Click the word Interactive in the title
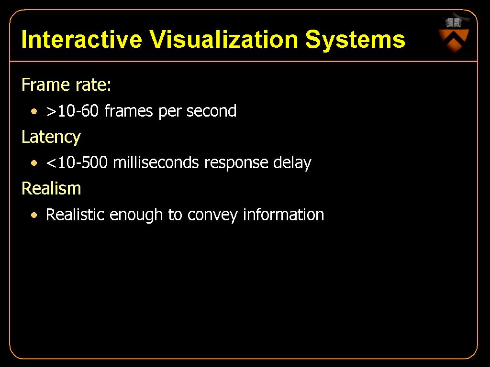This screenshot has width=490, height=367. point(81,39)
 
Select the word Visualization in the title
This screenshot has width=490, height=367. point(223,39)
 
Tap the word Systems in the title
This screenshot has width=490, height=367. point(355,40)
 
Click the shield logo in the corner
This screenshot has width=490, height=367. point(454,34)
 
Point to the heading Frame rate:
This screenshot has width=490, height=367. point(66,85)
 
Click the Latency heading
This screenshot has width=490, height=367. point(51,137)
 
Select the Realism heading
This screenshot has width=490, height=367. point(51,188)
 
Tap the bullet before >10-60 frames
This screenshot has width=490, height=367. point(34,111)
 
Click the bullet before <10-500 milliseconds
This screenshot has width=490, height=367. point(34,163)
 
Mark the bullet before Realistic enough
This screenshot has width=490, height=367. point(34,215)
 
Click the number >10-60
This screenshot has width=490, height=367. point(73,111)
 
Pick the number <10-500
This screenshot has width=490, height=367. point(77,162)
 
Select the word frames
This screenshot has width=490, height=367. point(128,111)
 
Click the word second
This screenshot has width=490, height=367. point(211,111)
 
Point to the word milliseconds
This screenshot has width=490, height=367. point(156,162)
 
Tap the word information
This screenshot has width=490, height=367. point(284,215)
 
